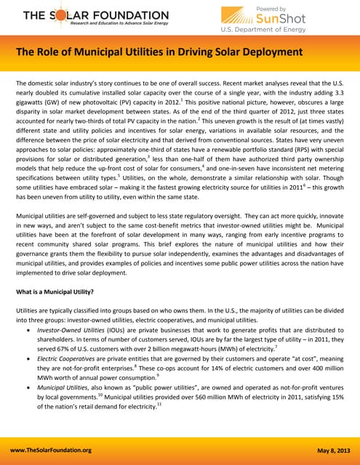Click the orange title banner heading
point(159,52)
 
